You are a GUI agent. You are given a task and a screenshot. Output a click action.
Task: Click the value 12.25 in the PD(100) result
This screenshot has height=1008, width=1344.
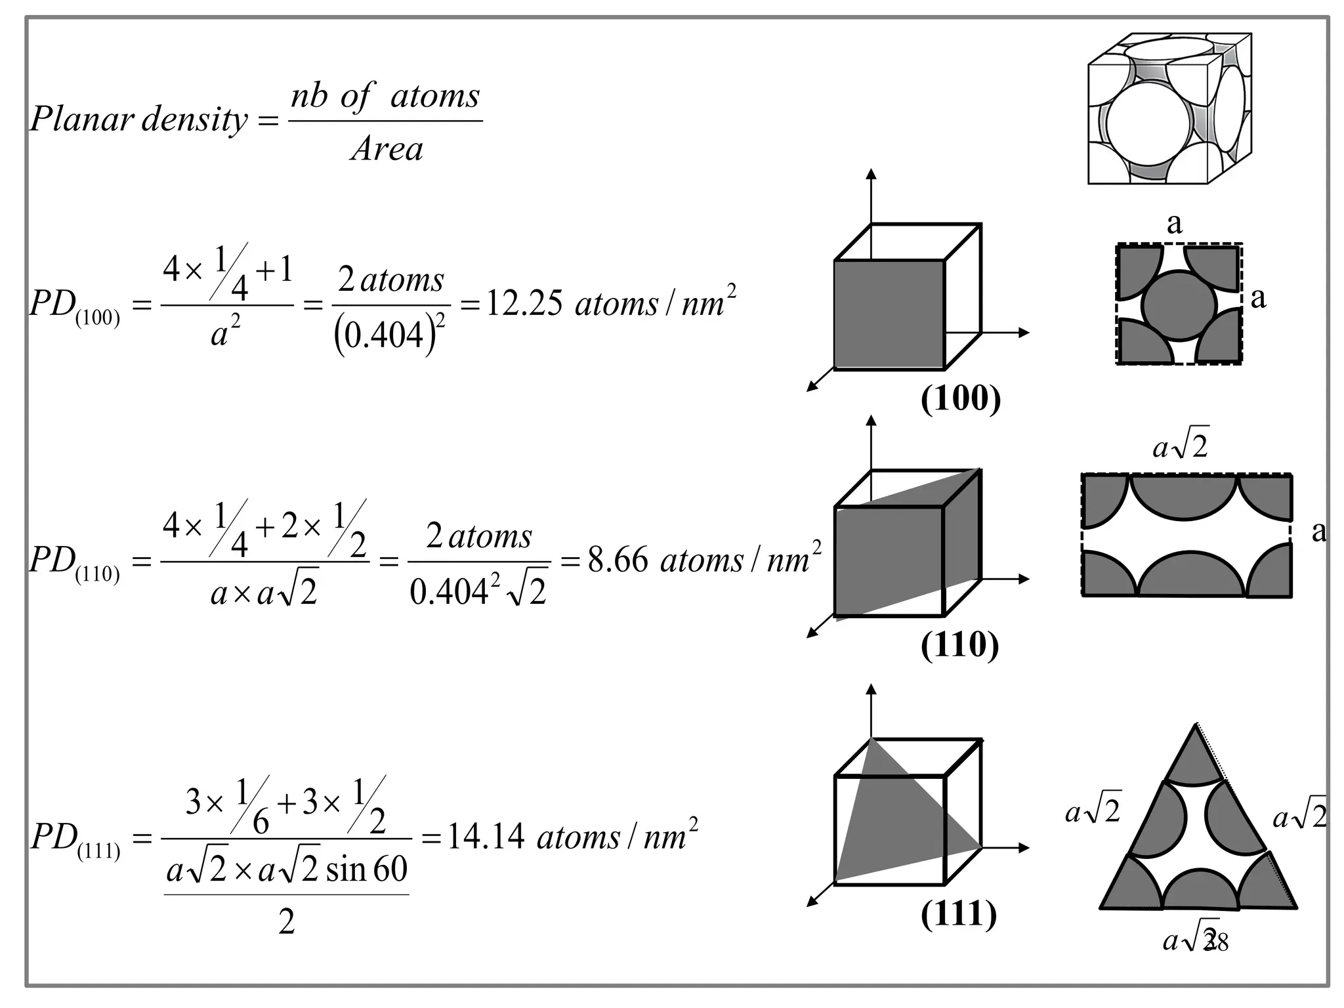[524, 303]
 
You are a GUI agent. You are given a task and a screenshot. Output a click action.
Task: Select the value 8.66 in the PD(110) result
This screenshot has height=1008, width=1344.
[618, 560]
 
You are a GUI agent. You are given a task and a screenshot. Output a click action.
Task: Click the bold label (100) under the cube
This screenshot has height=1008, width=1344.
[961, 398]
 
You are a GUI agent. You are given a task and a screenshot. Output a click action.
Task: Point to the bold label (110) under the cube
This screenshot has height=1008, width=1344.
[959, 644]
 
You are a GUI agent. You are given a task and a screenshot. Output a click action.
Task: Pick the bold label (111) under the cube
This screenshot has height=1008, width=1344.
[959, 913]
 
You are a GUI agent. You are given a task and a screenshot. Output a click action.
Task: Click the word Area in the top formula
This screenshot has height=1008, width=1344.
[387, 149]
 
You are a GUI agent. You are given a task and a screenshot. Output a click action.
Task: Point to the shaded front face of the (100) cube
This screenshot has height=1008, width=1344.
[889, 315]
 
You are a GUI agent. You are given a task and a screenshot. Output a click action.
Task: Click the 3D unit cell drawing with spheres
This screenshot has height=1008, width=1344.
[1169, 109]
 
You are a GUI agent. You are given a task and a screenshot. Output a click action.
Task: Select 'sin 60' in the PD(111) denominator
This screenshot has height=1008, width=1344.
[366, 869]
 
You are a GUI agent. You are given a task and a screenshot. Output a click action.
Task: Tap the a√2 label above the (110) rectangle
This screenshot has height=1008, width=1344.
[1180, 447]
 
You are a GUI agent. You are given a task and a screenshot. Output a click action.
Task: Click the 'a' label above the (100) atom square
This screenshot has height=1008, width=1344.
[1174, 224]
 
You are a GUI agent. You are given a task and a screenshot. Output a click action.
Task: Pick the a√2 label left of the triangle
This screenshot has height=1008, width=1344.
[1093, 811]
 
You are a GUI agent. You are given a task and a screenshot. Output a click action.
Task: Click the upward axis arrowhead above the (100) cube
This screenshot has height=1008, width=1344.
[871, 174]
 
